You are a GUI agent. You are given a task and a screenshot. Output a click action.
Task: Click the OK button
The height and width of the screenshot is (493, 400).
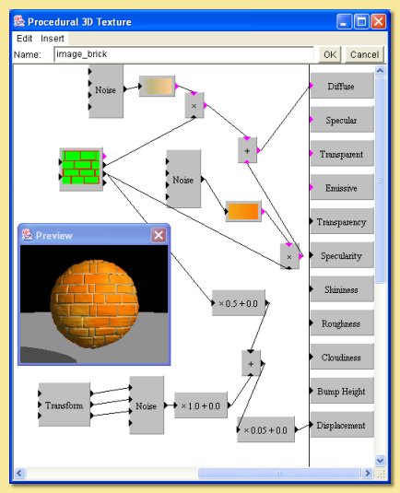coord(329,54)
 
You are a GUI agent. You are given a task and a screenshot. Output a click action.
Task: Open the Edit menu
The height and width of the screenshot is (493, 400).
coord(24,39)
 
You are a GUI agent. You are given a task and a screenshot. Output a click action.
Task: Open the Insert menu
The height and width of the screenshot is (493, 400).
coord(53,39)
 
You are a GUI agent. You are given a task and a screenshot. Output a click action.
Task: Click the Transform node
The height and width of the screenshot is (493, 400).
coord(65,405)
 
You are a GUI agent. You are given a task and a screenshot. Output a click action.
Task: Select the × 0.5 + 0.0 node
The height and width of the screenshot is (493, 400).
coord(238,302)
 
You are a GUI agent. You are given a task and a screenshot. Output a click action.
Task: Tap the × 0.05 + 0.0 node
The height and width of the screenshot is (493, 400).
coord(265,429)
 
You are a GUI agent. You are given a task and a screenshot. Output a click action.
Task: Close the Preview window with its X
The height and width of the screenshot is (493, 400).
coord(159,235)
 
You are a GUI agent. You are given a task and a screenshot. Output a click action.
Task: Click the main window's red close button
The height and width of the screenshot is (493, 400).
coord(378,19)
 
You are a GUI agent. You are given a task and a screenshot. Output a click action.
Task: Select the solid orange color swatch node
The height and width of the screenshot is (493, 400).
coord(243,211)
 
